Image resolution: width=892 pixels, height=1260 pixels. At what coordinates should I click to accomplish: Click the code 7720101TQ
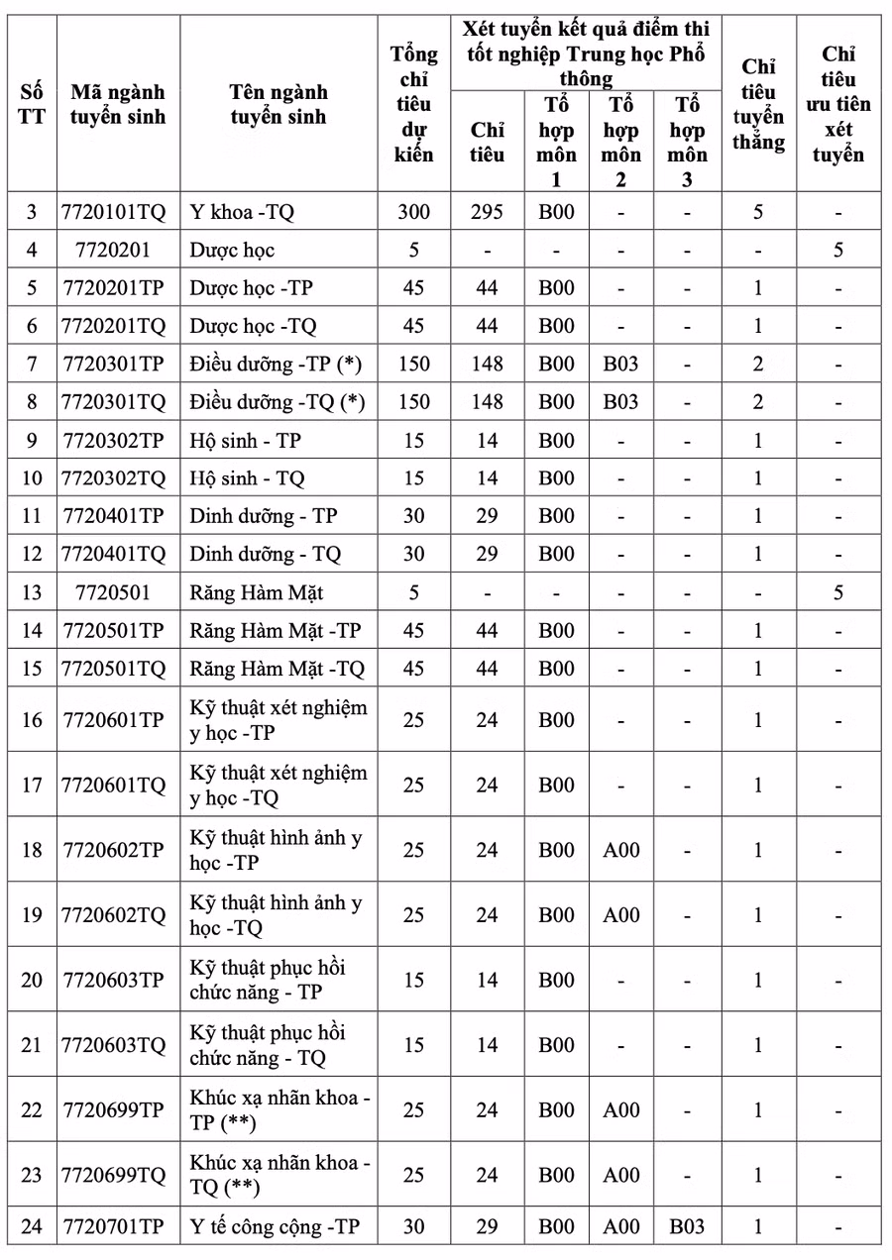(x=114, y=212)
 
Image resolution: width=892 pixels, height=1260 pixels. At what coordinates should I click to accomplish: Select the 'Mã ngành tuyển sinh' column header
(x=118, y=104)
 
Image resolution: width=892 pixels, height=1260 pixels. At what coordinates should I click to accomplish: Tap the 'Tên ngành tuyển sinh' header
(x=279, y=104)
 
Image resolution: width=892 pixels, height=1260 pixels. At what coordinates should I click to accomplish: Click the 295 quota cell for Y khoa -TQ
(x=487, y=212)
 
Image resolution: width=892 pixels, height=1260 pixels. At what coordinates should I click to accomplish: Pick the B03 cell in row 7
(x=620, y=364)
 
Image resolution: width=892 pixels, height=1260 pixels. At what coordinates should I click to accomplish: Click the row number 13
(x=32, y=592)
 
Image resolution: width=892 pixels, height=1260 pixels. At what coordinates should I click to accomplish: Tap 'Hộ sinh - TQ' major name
(x=247, y=478)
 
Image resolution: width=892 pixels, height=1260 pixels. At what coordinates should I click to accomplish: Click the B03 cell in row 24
(x=687, y=1226)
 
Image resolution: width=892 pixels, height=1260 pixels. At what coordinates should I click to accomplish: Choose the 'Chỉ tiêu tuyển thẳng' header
(x=758, y=104)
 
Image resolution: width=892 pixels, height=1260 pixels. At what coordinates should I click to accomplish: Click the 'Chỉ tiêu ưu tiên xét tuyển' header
(x=838, y=104)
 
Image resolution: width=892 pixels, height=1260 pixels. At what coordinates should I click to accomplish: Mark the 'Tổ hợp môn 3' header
(x=687, y=142)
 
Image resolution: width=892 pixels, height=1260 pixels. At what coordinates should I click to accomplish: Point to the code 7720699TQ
(x=114, y=1175)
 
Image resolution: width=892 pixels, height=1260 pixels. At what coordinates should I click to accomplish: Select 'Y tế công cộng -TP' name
(x=275, y=1226)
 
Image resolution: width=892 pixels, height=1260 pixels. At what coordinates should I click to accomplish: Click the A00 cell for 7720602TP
(x=620, y=850)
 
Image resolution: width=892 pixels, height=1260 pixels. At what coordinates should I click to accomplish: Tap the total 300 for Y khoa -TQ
(x=413, y=212)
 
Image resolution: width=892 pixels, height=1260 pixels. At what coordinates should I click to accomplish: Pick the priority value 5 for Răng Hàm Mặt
(x=838, y=592)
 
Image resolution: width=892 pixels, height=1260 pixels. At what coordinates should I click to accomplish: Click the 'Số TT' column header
(x=32, y=104)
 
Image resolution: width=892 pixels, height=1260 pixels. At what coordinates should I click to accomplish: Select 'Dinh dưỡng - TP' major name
(x=263, y=516)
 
